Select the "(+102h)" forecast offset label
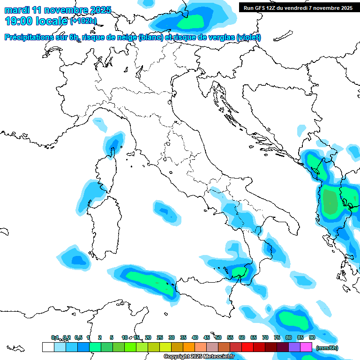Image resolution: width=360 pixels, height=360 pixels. [83, 21]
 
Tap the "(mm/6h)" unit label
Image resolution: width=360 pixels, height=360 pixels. [327, 348]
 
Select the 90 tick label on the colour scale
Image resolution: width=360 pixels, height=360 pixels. [312, 337]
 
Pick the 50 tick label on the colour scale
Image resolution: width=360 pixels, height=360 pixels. [218, 337]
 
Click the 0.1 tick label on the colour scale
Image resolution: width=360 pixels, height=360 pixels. [55, 337]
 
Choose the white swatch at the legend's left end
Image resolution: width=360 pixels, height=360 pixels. [48, 347]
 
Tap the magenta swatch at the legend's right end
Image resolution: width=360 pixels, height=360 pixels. [306, 347]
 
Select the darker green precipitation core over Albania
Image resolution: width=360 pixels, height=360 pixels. [330, 202]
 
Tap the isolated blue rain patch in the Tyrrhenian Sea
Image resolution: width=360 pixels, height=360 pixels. [166, 211]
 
